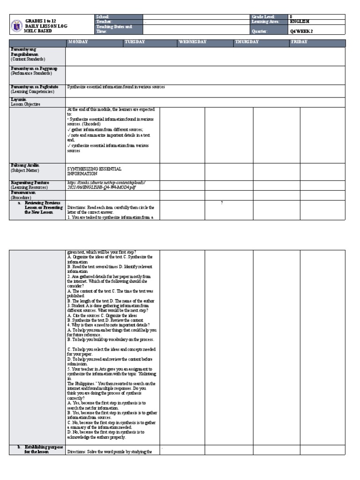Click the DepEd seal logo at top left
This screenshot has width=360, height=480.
17,24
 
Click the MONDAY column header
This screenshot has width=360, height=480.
78,42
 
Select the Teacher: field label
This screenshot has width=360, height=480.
104,22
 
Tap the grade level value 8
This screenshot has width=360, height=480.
291,16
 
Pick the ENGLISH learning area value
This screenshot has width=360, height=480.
300,22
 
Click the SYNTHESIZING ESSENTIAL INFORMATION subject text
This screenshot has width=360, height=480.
94,171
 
